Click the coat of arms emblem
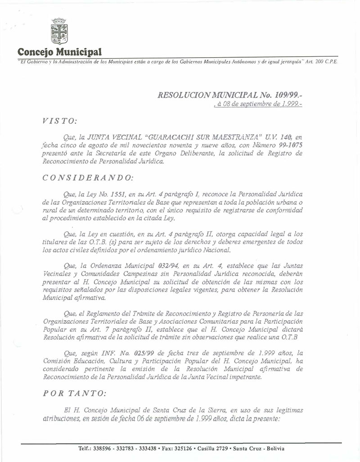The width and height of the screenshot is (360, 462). tap(58, 32)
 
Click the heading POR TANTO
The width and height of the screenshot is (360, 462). tap(75, 393)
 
